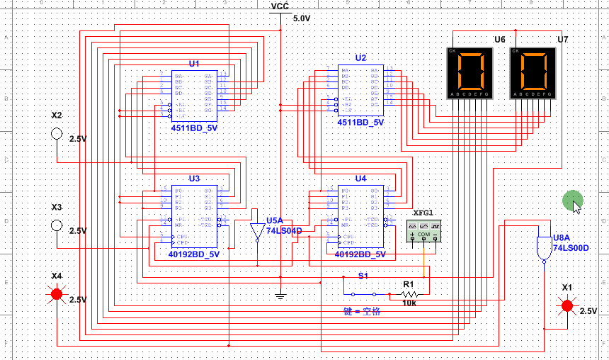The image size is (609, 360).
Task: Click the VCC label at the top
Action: click(280, 6)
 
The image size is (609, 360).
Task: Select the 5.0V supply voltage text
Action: click(301, 18)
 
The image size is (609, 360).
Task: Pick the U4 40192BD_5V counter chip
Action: click(361, 216)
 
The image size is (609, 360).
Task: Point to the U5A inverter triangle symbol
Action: click(257, 232)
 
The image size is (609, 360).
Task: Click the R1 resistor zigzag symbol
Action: click(410, 293)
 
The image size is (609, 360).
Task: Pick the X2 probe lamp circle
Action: click(57, 134)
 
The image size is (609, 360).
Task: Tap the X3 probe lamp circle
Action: click(57, 226)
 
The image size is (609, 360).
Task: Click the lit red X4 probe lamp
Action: click(57, 293)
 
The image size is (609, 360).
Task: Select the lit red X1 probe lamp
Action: click(567, 305)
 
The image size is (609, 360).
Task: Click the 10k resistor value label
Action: click(409, 303)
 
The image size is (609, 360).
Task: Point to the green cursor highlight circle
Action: click(572, 201)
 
